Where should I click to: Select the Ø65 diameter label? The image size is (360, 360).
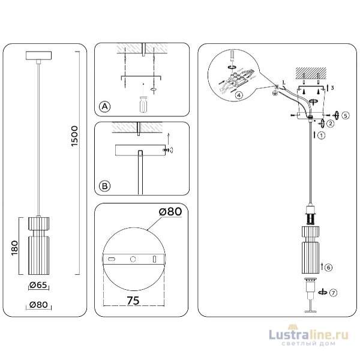(x=39, y=286)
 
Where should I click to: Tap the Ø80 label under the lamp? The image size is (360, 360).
(x=39, y=305)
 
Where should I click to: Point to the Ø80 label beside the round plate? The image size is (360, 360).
(x=170, y=211)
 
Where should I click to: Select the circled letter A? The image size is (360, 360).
(x=104, y=107)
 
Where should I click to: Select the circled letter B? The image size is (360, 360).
(x=104, y=187)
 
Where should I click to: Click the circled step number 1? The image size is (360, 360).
(x=321, y=136)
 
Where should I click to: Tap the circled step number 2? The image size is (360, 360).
(x=329, y=124)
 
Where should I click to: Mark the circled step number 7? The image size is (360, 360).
(x=334, y=292)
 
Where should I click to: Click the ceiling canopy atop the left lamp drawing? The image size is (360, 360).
(x=38, y=56)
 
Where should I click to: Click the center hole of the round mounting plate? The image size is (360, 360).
(x=134, y=259)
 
